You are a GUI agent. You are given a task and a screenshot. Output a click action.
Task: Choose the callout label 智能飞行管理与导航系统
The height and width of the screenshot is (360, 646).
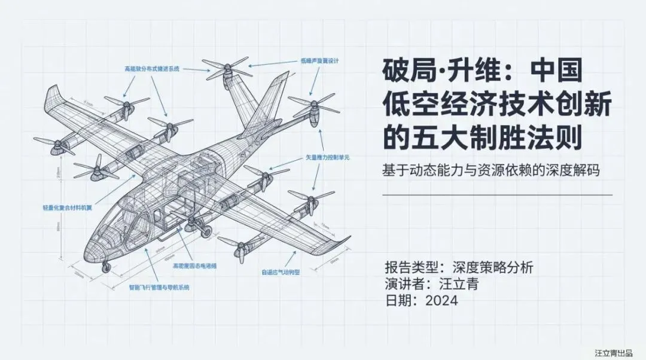point(159,288)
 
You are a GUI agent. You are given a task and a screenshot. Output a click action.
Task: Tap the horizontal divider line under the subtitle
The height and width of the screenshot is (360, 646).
point(497,194)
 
